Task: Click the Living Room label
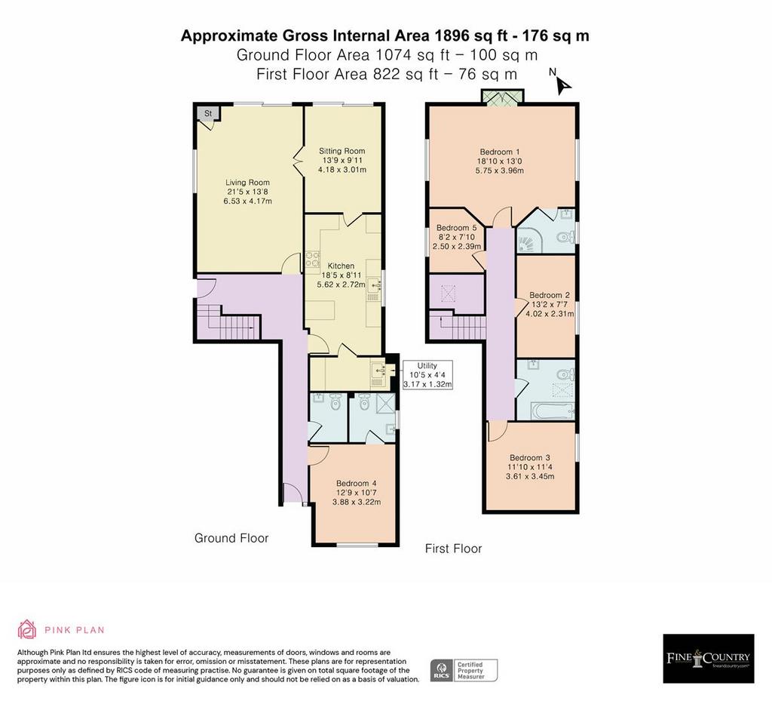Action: click(x=247, y=183)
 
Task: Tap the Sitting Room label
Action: click(x=342, y=151)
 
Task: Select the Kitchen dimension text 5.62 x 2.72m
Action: click(x=342, y=284)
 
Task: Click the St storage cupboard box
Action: click(x=208, y=114)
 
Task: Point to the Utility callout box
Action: click(x=427, y=374)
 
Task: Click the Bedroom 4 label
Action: click(x=357, y=483)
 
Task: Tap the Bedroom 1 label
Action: click(x=500, y=152)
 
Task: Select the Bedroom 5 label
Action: click(x=456, y=228)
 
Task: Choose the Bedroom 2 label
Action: click(x=550, y=295)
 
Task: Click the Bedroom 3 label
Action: click(x=530, y=457)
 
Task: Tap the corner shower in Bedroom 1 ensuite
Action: click(x=529, y=241)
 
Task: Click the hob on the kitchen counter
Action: click(x=312, y=260)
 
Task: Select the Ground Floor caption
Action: click(x=231, y=538)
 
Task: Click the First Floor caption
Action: click(x=453, y=549)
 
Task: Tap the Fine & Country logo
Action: click(x=709, y=658)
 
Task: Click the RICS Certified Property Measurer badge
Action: click(x=464, y=671)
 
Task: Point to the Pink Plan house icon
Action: click(x=27, y=629)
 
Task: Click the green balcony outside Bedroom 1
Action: click(x=503, y=97)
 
